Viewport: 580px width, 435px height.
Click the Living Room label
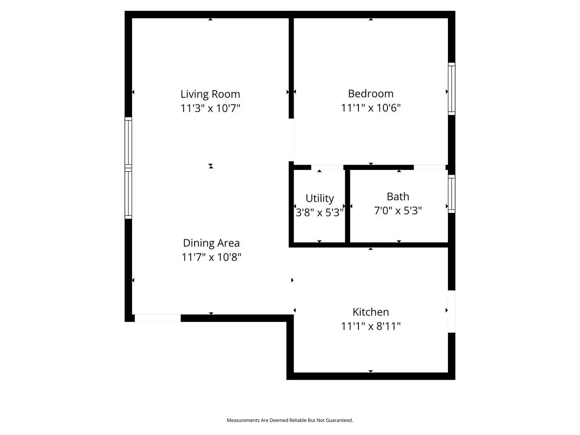(x=210, y=94)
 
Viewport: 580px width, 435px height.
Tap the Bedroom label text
(x=371, y=94)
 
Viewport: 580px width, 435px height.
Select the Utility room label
(x=319, y=198)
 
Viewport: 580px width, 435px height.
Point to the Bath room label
(x=398, y=197)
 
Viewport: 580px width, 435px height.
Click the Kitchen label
(x=371, y=312)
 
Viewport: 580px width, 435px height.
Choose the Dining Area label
(x=211, y=243)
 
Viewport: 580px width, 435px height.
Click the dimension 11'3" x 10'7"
(x=210, y=108)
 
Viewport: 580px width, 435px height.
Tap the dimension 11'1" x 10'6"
(x=371, y=108)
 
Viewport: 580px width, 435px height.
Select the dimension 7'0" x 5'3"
(x=398, y=211)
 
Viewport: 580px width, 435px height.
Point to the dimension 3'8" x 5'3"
(x=319, y=212)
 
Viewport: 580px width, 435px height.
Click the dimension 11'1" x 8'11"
(x=371, y=326)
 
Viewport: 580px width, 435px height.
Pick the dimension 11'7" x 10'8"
(x=211, y=257)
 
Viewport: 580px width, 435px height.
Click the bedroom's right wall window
(x=452, y=89)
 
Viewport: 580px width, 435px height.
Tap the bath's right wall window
(x=452, y=194)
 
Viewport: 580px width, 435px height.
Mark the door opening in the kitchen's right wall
(x=452, y=311)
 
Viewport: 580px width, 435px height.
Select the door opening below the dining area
(x=157, y=318)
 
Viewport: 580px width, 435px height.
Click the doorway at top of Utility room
(x=327, y=167)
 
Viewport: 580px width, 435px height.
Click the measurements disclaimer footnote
(x=290, y=420)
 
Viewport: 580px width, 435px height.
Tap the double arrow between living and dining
(x=211, y=166)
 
